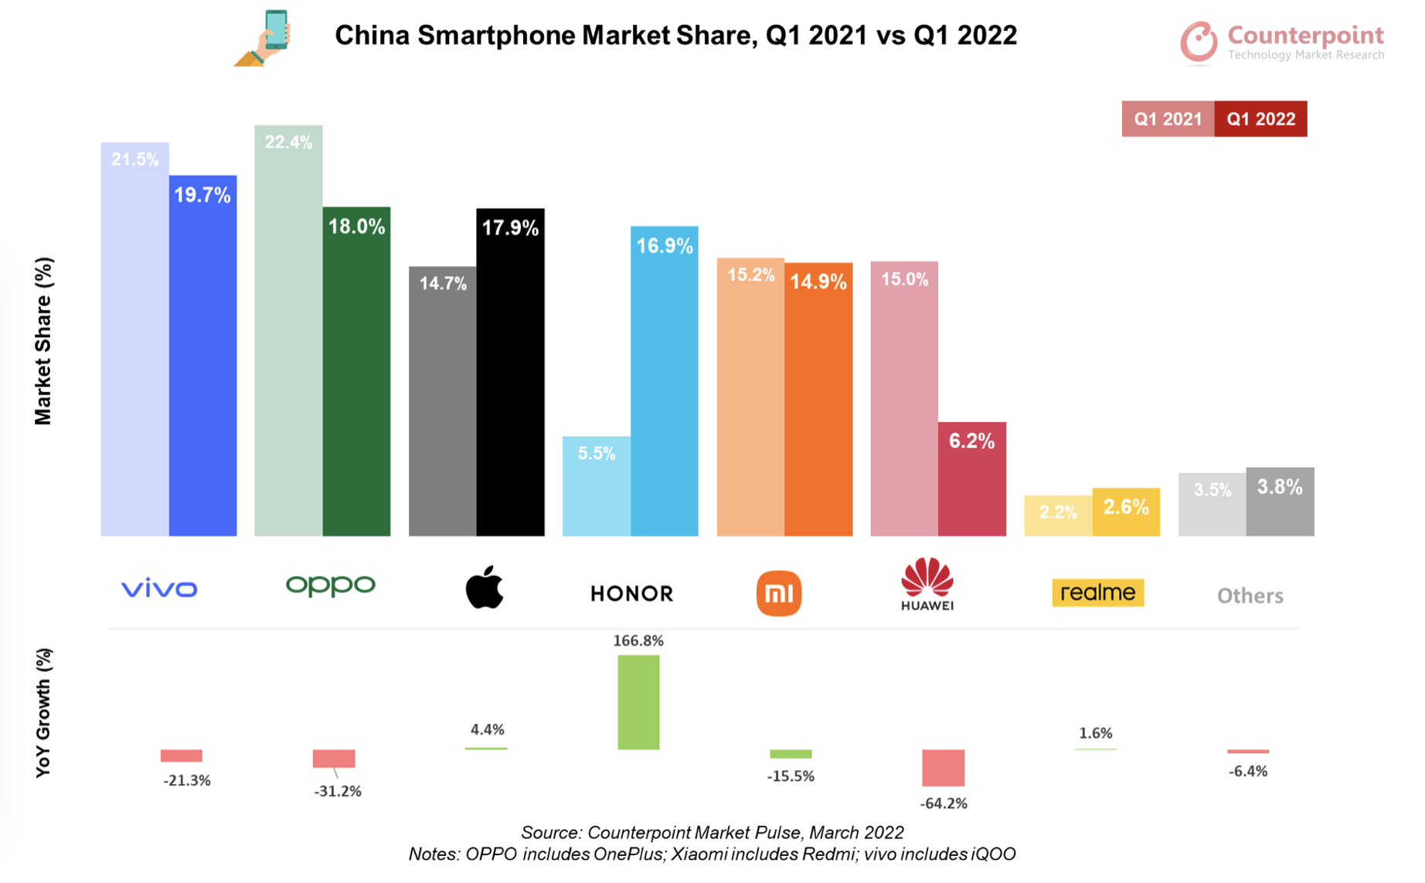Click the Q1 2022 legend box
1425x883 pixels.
(x=1260, y=119)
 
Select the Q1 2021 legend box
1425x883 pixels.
(x=1168, y=119)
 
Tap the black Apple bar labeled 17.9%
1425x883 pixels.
(x=510, y=371)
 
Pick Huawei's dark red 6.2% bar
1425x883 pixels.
(x=971, y=479)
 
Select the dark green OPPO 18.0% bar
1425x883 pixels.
(x=356, y=371)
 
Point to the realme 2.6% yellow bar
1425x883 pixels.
(x=1125, y=512)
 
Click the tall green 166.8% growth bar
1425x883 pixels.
(x=638, y=702)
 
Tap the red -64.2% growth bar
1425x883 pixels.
(x=943, y=767)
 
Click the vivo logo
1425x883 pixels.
(x=159, y=589)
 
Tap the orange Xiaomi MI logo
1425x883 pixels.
(x=778, y=593)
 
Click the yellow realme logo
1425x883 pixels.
(x=1097, y=593)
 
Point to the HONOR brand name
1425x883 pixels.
(x=631, y=594)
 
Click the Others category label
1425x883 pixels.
(x=1250, y=595)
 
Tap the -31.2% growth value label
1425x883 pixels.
(x=338, y=791)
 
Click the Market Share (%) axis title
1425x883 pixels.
(x=43, y=341)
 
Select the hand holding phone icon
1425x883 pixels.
(x=264, y=38)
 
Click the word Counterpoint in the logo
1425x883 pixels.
(x=1304, y=35)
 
